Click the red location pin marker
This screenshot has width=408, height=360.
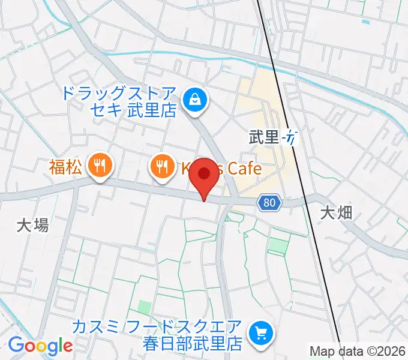(205, 176)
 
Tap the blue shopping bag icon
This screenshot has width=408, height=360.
(195, 100)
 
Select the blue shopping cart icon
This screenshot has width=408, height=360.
(262, 331)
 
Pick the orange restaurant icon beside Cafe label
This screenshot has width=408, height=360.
(161, 167)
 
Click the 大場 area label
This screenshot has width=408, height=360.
(32, 226)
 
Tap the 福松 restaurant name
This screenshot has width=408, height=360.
(65, 167)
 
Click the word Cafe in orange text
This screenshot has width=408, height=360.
(243, 168)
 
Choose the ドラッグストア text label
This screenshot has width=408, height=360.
(119, 94)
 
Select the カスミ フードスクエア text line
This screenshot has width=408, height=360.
(157, 327)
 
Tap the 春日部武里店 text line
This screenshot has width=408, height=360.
(192, 344)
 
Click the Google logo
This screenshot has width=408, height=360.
(40, 346)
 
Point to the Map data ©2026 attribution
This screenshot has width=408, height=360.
(358, 351)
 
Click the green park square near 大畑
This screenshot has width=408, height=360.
(277, 245)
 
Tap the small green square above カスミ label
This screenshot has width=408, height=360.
(144, 307)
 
